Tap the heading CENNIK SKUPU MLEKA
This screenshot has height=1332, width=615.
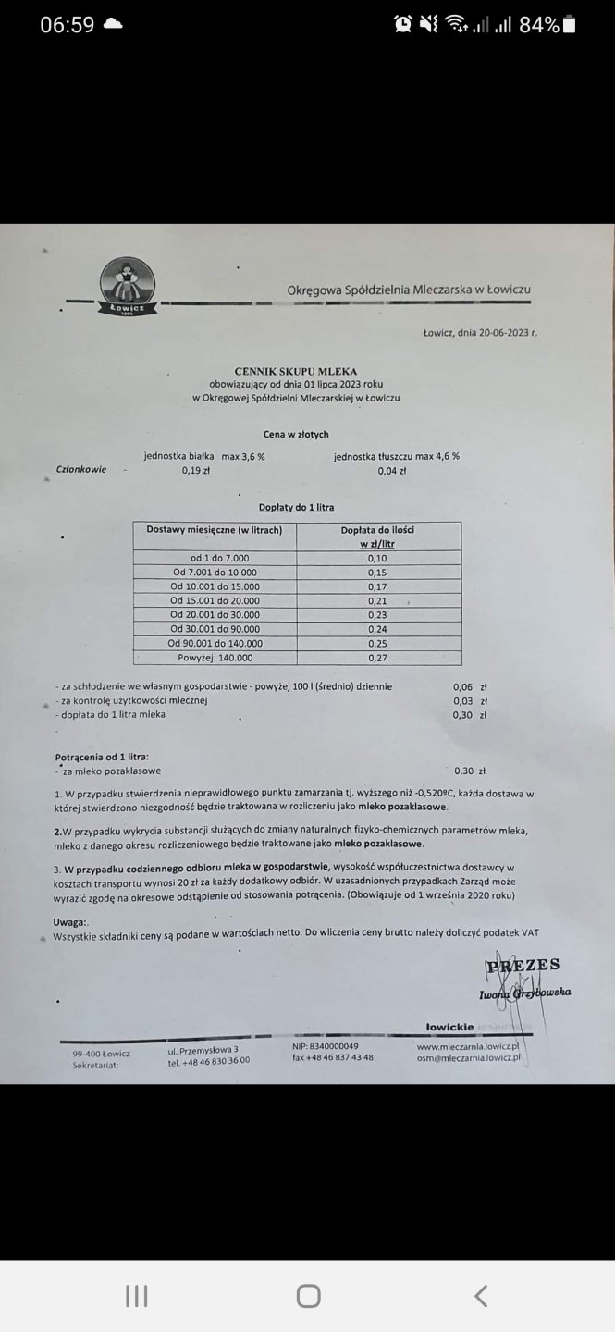tap(296, 370)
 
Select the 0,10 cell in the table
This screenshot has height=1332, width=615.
tap(376, 558)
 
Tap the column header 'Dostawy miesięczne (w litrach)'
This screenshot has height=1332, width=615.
tap(215, 529)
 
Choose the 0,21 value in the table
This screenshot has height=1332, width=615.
tap(376, 600)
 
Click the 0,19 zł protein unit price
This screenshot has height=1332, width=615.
tap(196, 470)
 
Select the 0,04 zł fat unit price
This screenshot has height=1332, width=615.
tap(392, 471)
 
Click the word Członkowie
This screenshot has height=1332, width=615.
tap(81, 469)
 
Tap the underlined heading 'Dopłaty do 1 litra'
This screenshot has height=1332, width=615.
tap(296, 507)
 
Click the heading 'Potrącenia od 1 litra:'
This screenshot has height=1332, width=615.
tap(102, 756)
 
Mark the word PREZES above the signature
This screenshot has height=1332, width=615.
tap(523, 966)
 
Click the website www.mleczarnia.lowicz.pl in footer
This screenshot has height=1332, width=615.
tap(468, 1045)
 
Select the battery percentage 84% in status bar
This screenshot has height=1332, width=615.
tap(538, 25)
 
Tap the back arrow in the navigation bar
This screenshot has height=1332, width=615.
tap(480, 1296)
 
